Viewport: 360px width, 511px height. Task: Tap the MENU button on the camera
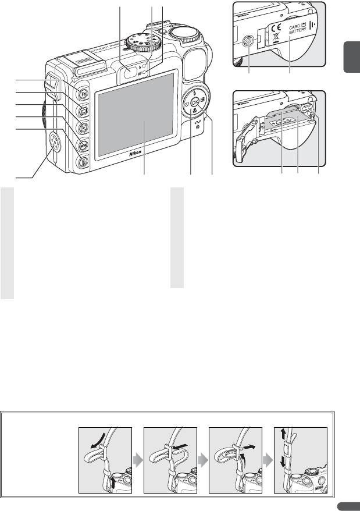point(84,145)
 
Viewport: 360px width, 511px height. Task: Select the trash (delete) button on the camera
point(84,162)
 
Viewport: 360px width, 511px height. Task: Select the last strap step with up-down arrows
point(300,459)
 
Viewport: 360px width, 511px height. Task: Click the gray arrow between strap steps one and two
point(138,459)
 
